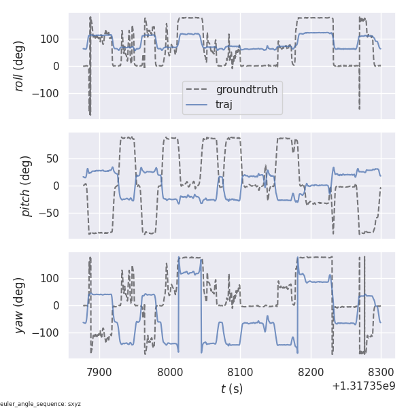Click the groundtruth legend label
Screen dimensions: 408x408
click(x=247, y=90)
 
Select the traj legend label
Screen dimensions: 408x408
click(x=224, y=104)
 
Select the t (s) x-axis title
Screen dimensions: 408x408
click(x=231, y=389)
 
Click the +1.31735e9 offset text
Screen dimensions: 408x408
click(x=363, y=386)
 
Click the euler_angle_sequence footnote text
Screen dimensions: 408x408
click(x=41, y=404)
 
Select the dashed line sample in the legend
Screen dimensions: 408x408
click(x=199, y=90)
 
